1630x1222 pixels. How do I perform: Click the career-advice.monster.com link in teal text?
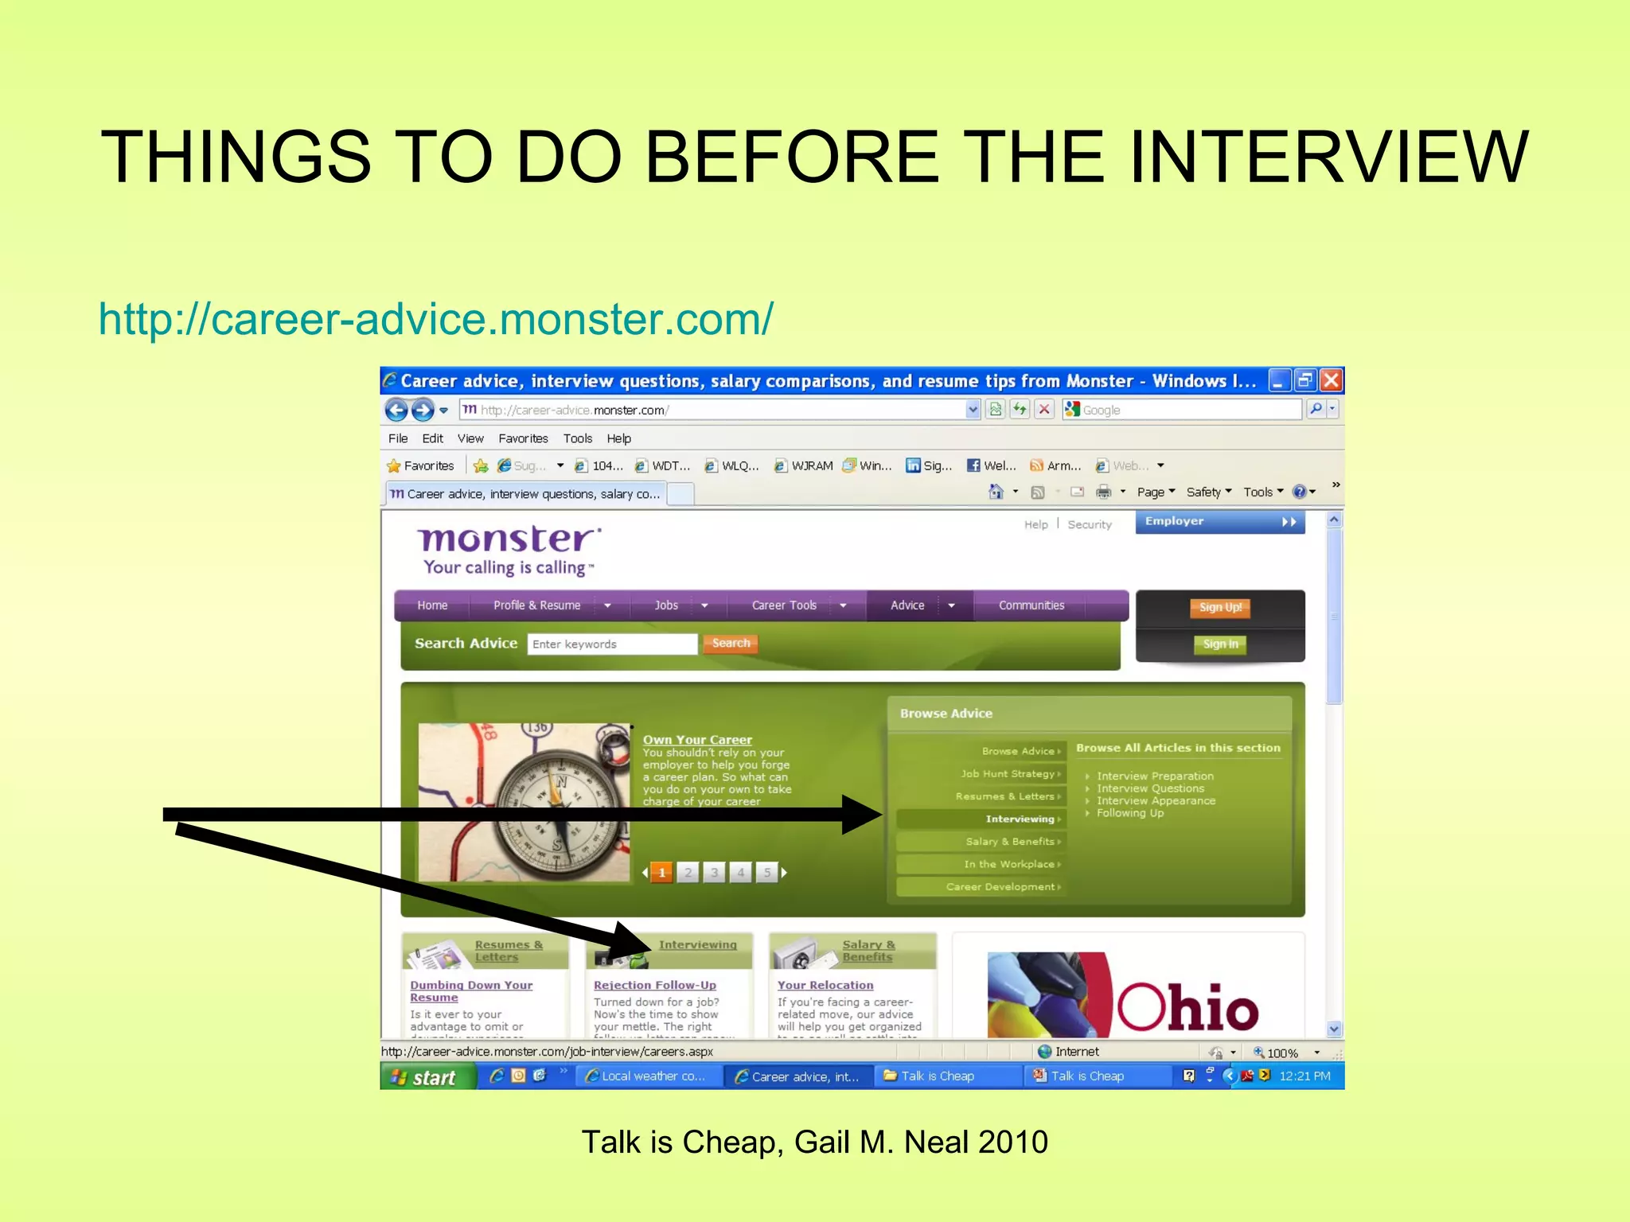[435, 320]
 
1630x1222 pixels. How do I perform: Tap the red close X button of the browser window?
[1331, 381]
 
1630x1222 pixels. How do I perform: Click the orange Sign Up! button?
[1220, 608]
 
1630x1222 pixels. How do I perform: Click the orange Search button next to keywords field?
[731, 644]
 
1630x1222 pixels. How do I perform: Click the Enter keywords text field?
[611, 644]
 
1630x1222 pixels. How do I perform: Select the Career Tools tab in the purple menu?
[784, 605]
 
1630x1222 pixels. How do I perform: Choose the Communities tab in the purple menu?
[1031, 605]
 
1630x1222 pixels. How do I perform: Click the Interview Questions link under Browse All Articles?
[1150, 788]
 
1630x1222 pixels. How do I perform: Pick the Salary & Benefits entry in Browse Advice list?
[1010, 842]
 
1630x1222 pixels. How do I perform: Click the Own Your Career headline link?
[697, 740]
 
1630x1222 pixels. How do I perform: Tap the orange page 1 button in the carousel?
[661, 873]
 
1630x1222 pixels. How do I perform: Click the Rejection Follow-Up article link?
[654, 985]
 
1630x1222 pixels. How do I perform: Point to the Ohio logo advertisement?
[1127, 994]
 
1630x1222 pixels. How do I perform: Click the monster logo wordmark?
[507, 539]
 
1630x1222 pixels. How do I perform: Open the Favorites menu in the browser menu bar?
[523, 438]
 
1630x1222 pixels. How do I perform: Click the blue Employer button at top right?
[1219, 522]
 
